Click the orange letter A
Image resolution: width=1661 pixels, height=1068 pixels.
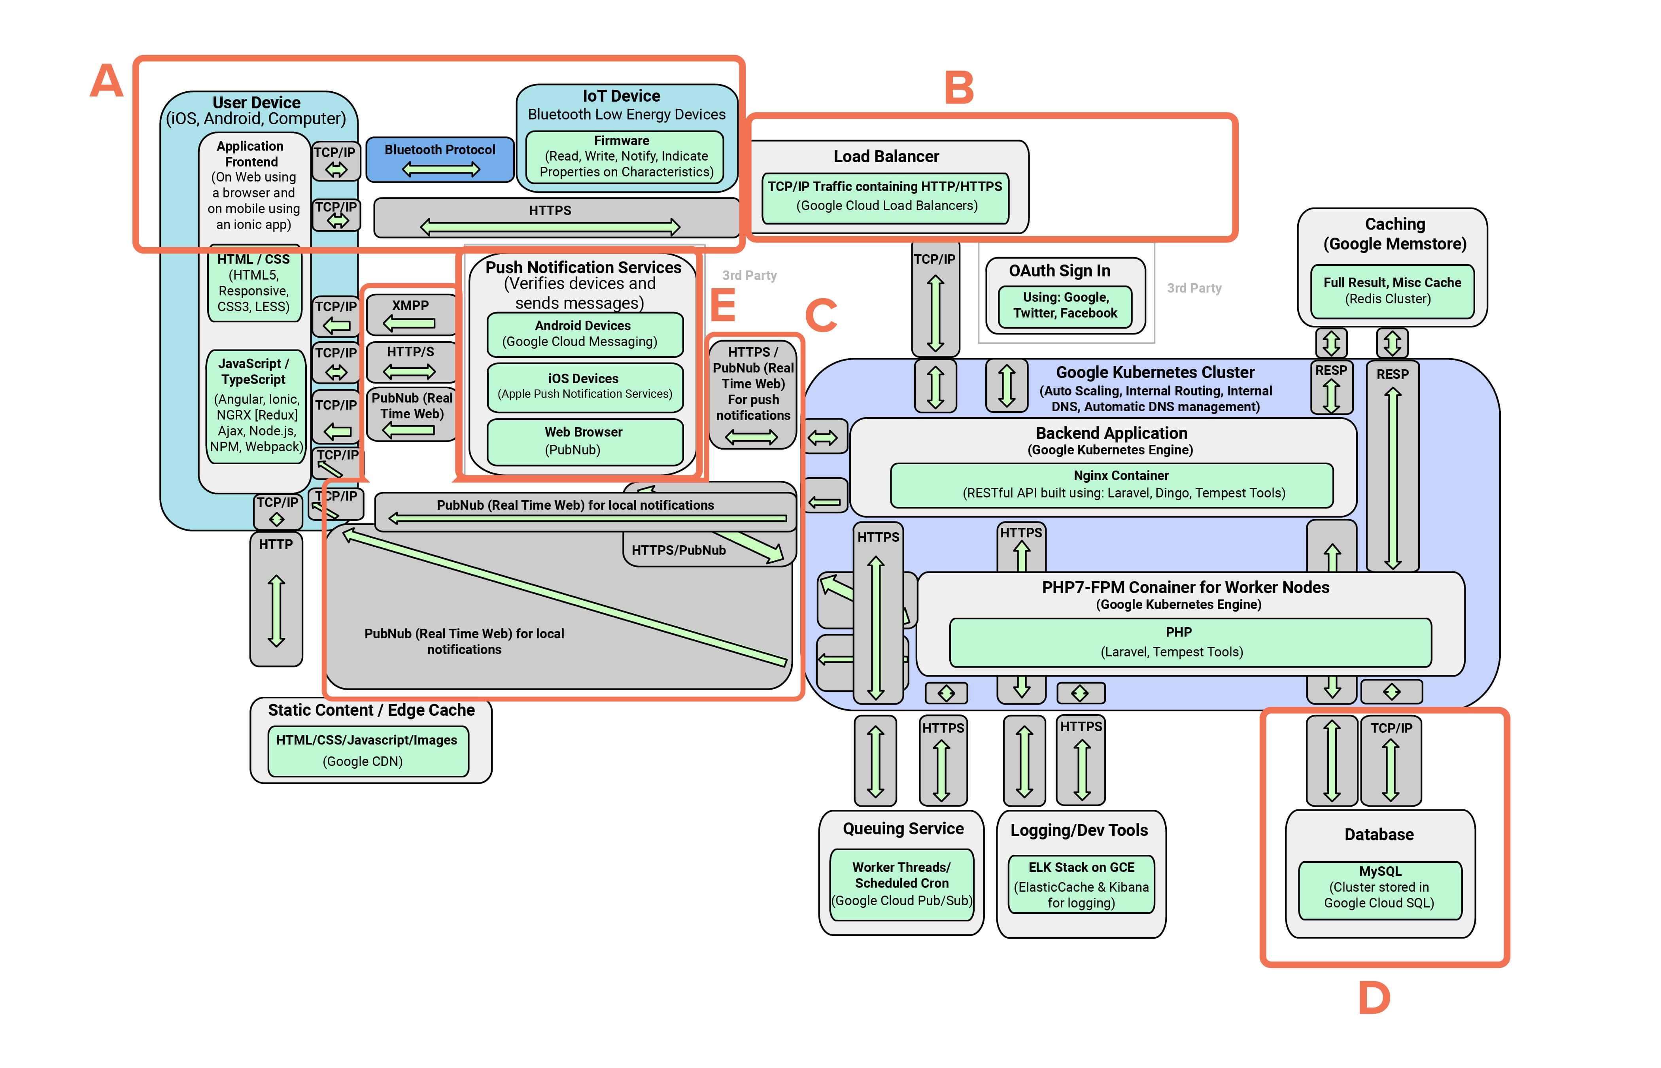(x=107, y=81)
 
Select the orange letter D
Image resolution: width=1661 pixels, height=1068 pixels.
(x=1374, y=998)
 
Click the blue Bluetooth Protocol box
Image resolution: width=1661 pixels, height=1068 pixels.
(x=440, y=159)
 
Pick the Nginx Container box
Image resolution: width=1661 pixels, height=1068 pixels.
(x=1111, y=485)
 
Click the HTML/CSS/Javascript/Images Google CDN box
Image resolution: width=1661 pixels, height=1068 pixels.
(x=367, y=750)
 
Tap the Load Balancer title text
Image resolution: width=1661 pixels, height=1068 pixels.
(x=886, y=157)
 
